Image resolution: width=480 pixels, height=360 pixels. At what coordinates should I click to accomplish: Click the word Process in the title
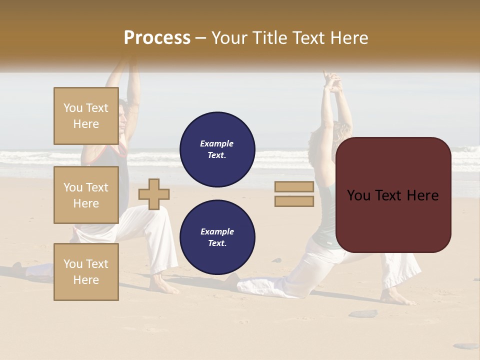(x=157, y=37)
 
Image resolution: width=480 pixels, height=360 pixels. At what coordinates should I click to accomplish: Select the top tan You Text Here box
(x=86, y=116)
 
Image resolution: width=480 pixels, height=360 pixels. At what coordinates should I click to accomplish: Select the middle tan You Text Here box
(x=86, y=195)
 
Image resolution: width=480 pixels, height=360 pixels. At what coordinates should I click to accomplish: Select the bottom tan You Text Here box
(x=86, y=271)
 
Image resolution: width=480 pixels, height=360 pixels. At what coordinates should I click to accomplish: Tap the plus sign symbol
(x=154, y=194)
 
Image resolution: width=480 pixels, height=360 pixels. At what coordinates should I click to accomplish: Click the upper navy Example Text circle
(x=217, y=149)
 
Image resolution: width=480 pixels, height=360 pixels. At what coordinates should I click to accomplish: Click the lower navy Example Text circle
(x=217, y=237)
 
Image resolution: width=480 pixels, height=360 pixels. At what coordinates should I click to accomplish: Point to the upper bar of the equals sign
(x=294, y=187)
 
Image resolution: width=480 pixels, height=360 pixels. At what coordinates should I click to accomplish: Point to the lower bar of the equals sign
(x=294, y=201)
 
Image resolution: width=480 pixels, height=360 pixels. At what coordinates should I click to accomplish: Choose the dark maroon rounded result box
(x=393, y=195)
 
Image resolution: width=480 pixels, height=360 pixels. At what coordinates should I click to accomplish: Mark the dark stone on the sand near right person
(x=363, y=313)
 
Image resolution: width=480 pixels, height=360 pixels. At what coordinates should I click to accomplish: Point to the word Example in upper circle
(x=217, y=143)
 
